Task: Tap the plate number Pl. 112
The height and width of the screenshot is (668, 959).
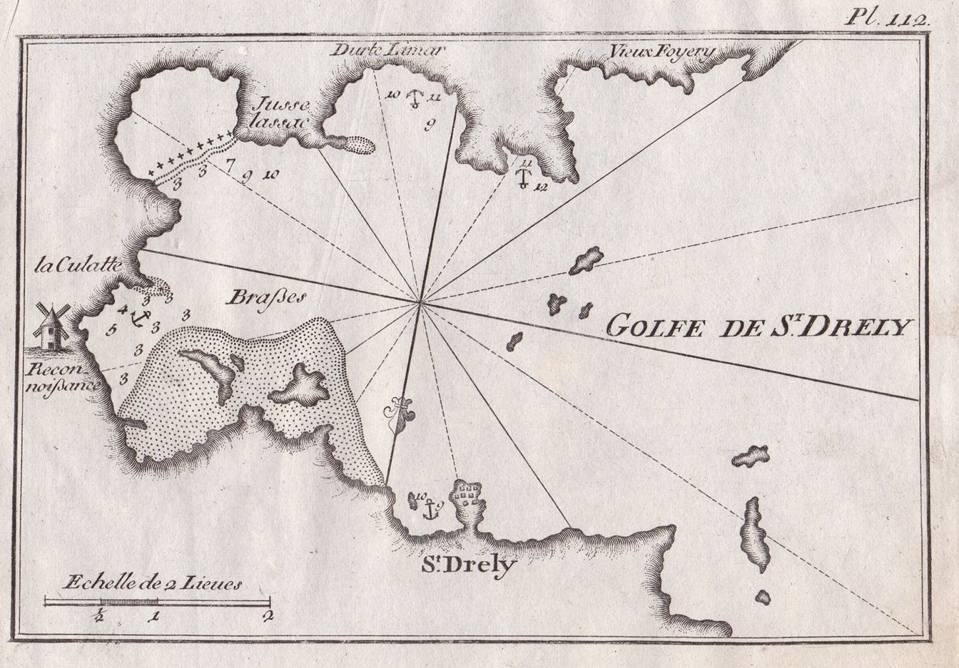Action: point(888,18)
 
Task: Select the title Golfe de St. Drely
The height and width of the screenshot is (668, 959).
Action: point(759,327)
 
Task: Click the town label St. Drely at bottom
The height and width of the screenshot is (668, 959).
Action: point(467,566)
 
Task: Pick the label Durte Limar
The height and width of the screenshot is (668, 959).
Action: point(388,51)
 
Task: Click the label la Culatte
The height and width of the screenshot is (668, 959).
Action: point(78,269)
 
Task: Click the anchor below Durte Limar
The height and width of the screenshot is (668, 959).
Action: point(412,98)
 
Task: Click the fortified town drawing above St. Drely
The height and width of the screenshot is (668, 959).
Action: point(468,495)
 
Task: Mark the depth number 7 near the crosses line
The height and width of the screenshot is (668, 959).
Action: point(228,168)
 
